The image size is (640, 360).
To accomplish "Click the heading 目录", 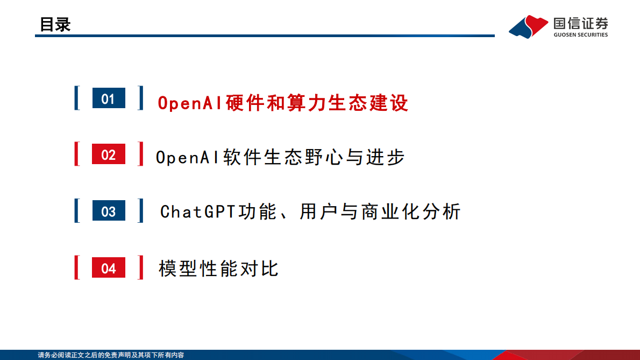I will (x=55, y=24).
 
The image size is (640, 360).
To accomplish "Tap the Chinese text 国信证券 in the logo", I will (x=580, y=23).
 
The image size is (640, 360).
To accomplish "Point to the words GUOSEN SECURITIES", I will (x=580, y=35).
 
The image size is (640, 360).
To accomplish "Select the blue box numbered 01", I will (x=109, y=98).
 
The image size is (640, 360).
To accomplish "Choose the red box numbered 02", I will (x=109, y=154).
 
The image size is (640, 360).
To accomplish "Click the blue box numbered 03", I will (x=109, y=211).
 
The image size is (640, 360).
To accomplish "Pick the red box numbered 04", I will (x=109, y=268).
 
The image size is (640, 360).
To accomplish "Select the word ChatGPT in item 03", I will (x=198, y=211).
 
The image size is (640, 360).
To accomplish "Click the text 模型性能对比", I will (x=218, y=268).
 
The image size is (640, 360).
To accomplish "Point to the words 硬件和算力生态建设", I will (x=317, y=103).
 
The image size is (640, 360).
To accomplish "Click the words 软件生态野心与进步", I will (x=314, y=157).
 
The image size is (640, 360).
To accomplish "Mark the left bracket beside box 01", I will (x=77, y=98).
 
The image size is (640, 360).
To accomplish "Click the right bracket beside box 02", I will (x=141, y=154).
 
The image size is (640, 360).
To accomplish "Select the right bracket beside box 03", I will (x=141, y=210).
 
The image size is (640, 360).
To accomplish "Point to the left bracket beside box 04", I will (x=77, y=267).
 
